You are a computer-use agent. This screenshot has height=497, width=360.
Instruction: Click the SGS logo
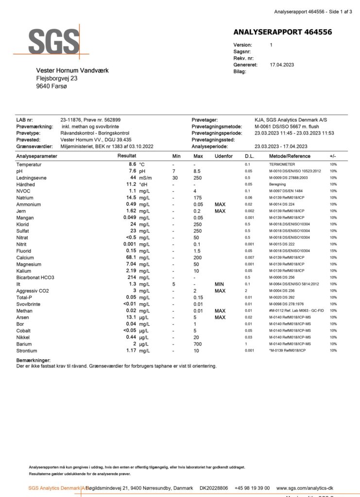[x=53, y=42]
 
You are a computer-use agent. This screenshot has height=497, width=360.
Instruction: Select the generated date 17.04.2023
[x=282, y=65]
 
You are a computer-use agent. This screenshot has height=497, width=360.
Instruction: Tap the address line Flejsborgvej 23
[x=57, y=78]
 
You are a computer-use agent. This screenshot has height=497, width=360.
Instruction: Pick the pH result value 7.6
[x=132, y=171]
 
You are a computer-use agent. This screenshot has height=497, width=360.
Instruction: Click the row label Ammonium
[x=29, y=205]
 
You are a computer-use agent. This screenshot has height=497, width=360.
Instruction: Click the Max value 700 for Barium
[x=198, y=344]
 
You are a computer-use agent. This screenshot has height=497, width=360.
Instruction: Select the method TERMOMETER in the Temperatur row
[x=286, y=165]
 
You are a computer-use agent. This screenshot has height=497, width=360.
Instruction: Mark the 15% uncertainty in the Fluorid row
[x=333, y=250]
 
